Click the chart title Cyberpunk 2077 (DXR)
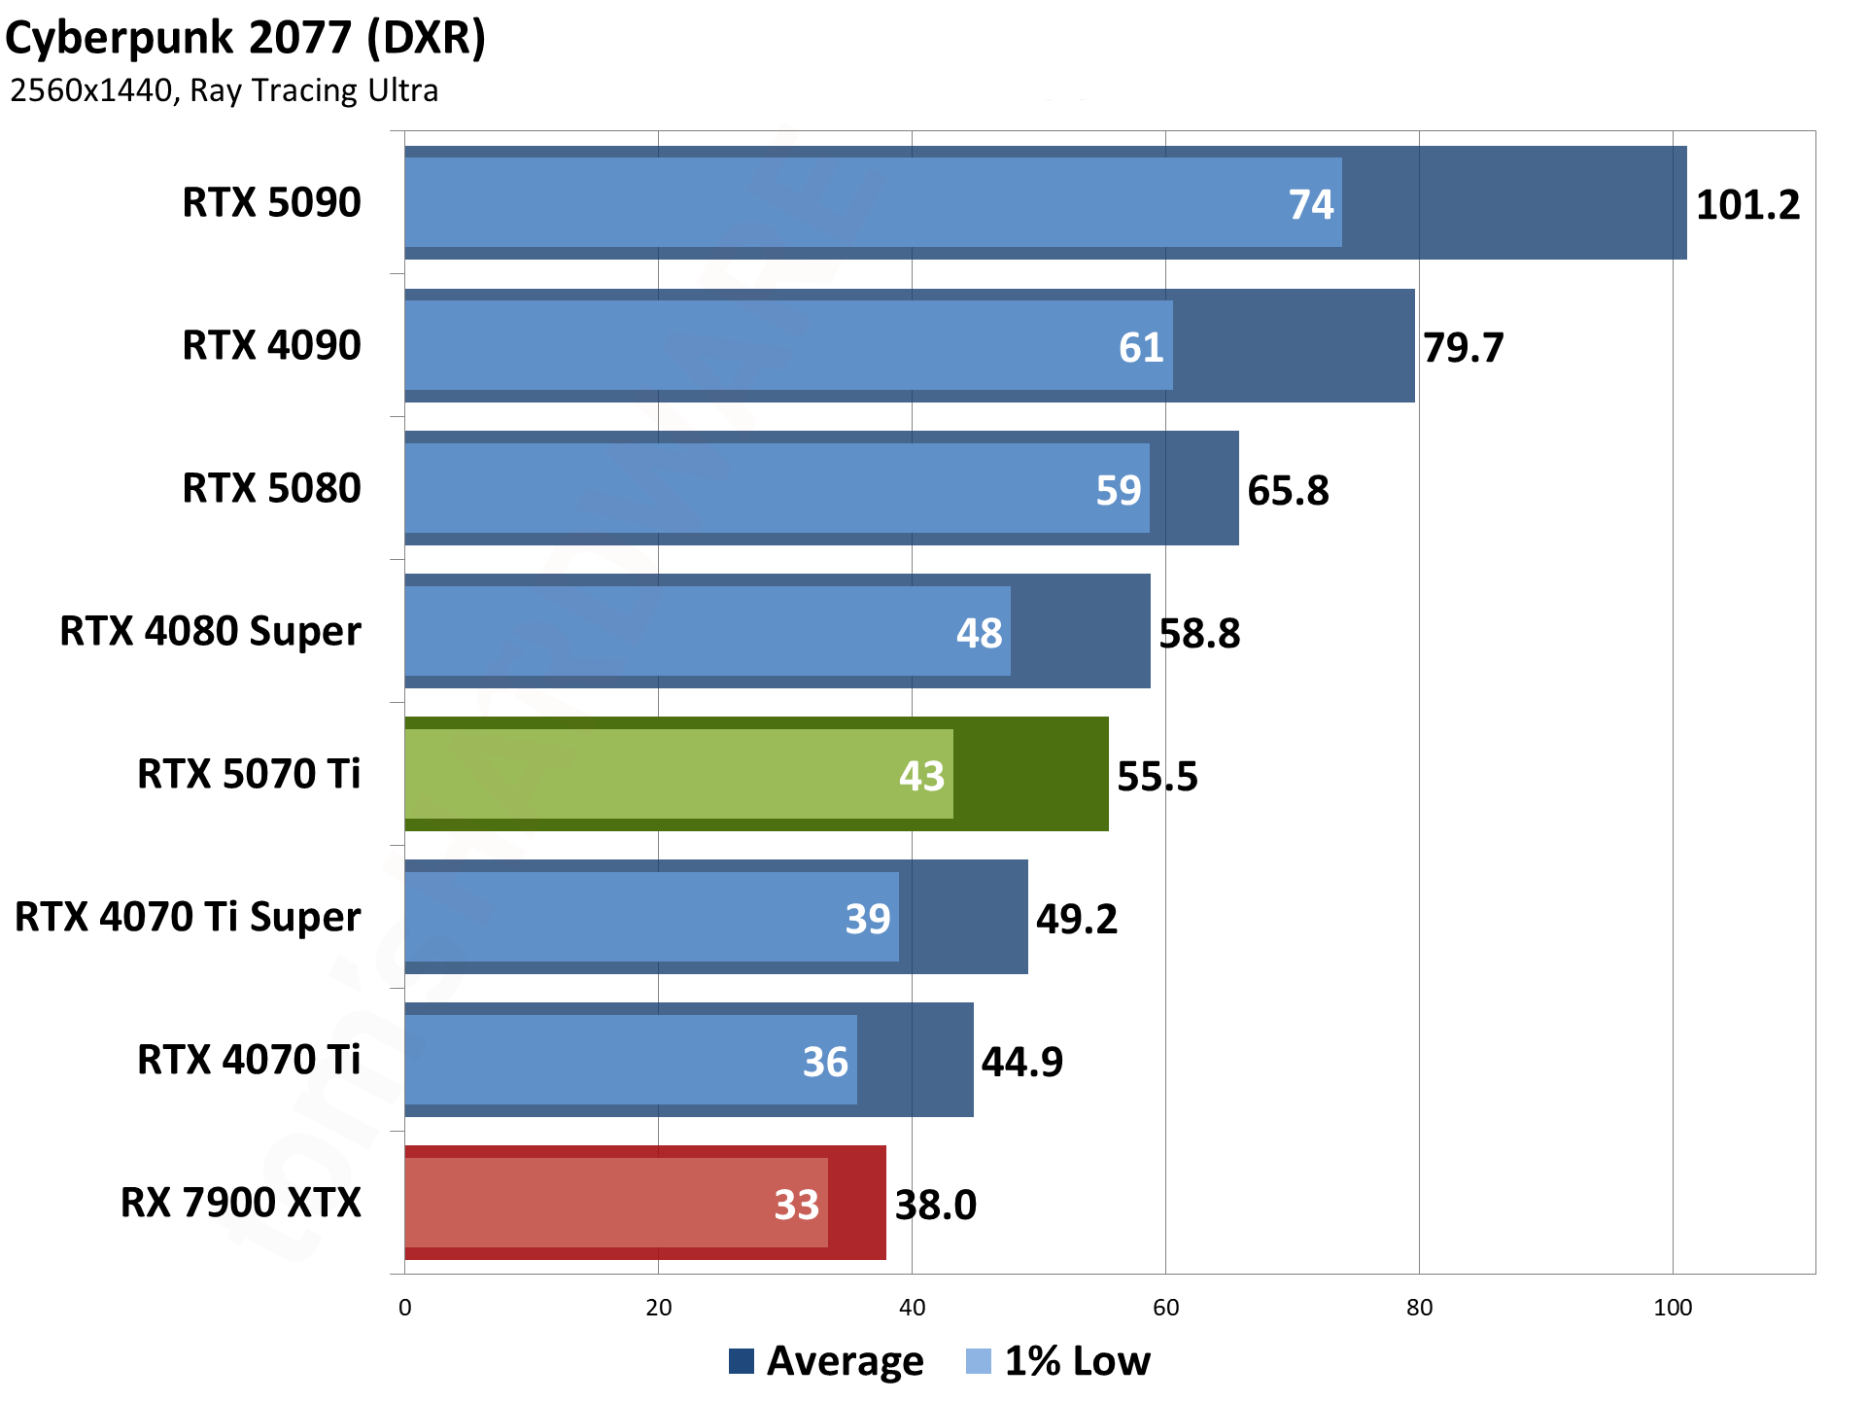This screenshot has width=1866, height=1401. (x=245, y=39)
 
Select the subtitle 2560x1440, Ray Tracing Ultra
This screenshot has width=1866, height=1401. (x=224, y=90)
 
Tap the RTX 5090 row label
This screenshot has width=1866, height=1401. (x=271, y=203)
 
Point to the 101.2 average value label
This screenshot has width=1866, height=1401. (x=1747, y=205)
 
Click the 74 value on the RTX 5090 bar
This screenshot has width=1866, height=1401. (x=1311, y=205)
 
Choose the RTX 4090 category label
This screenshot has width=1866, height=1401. (x=271, y=346)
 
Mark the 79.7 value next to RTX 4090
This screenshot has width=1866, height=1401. (x=1463, y=348)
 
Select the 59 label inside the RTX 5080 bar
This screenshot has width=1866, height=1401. (x=1118, y=491)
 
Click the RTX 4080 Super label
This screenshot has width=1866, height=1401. (x=210, y=632)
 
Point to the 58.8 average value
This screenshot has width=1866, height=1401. (x=1199, y=634)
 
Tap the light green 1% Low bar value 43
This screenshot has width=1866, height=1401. (x=921, y=777)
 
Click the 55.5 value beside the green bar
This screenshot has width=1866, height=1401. (x=1157, y=777)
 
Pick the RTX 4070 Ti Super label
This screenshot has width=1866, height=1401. (x=188, y=918)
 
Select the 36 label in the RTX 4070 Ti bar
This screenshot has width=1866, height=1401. (x=825, y=1062)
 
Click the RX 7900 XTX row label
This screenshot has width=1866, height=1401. (x=240, y=1204)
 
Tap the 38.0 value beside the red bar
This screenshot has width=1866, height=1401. (x=935, y=1206)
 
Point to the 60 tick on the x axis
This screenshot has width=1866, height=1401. (x=1165, y=1308)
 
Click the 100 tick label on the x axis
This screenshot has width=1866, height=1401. (x=1672, y=1308)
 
